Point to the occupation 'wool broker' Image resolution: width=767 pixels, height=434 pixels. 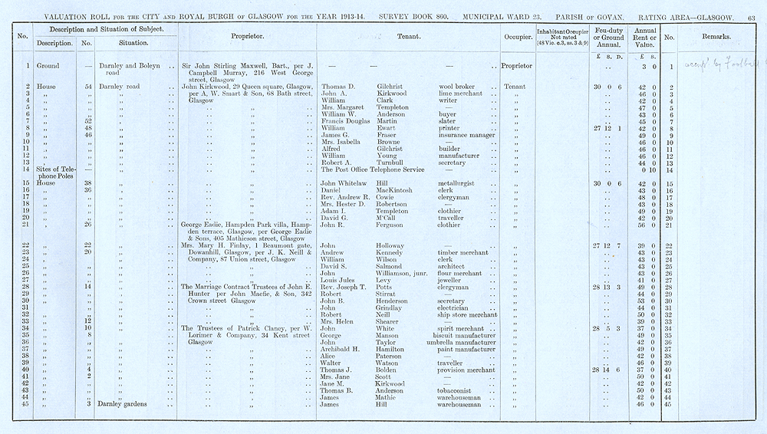458,87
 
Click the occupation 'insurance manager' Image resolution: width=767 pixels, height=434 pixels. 468,135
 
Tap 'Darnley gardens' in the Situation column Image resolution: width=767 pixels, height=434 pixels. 126,404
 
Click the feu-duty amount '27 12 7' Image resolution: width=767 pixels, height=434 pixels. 607,245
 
